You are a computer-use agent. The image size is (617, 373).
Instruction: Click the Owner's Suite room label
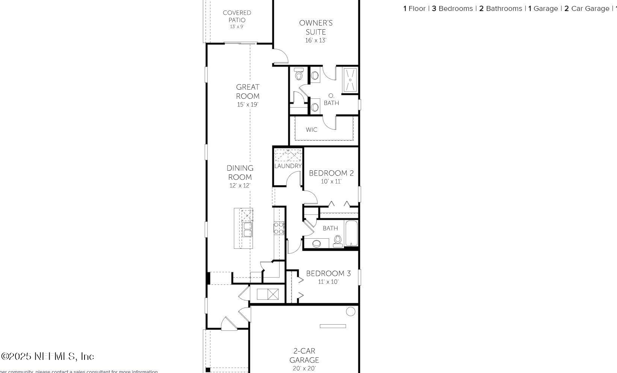pyautogui.click(x=316, y=27)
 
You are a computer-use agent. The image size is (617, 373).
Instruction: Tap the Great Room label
pyautogui.click(x=248, y=92)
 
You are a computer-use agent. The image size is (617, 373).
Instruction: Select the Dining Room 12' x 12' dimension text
pyautogui.click(x=240, y=185)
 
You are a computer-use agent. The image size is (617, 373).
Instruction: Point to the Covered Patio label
pyautogui.click(x=237, y=16)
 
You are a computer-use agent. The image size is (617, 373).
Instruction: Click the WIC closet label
pyautogui.click(x=312, y=130)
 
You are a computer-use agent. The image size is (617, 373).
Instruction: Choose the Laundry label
pyautogui.click(x=288, y=166)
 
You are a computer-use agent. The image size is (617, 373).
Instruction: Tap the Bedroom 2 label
pyautogui.click(x=331, y=173)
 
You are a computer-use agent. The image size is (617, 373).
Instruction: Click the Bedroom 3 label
pyautogui.click(x=328, y=274)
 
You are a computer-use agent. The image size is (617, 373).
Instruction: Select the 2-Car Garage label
pyautogui.click(x=304, y=355)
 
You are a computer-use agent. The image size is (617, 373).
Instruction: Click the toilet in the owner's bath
pyautogui.click(x=299, y=74)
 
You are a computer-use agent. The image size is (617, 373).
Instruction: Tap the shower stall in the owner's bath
pyautogui.click(x=350, y=80)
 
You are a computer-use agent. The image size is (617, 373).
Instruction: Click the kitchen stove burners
pyautogui.click(x=279, y=228)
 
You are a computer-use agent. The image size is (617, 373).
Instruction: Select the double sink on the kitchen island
pyautogui.click(x=247, y=229)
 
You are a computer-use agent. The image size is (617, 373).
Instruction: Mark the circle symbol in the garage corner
pyautogui.click(x=351, y=311)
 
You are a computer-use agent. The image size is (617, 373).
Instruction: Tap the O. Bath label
pyautogui.click(x=331, y=99)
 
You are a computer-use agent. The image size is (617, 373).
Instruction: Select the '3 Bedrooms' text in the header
pyautogui.click(x=452, y=9)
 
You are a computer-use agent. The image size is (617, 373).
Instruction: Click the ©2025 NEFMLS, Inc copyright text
pyautogui.click(x=48, y=356)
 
